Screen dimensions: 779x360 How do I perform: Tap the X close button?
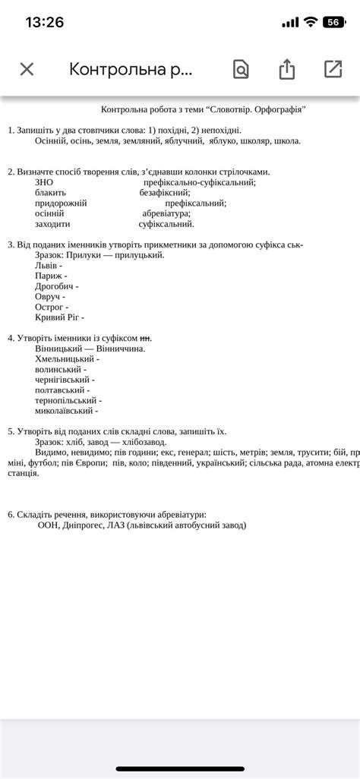[x=27, y=69]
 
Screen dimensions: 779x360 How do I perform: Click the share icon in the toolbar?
[x=286, y=69]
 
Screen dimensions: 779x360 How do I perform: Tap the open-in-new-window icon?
[x=333, y=69]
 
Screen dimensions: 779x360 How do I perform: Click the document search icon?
[x=240, y=69]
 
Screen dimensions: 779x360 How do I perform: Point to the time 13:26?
[x=44, y=22]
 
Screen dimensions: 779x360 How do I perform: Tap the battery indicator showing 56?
[x=333, y=22]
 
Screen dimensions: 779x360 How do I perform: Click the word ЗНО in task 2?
[x=44, y=182]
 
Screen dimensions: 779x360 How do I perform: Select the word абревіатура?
[x=166, y=213]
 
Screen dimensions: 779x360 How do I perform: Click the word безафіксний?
[x=164, y=193]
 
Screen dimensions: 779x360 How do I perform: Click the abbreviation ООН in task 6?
[x=48, y=525]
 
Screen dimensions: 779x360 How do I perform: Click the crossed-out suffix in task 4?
[x=146, y=338]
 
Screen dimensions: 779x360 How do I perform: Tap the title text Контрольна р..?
[x=131, y=69]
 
